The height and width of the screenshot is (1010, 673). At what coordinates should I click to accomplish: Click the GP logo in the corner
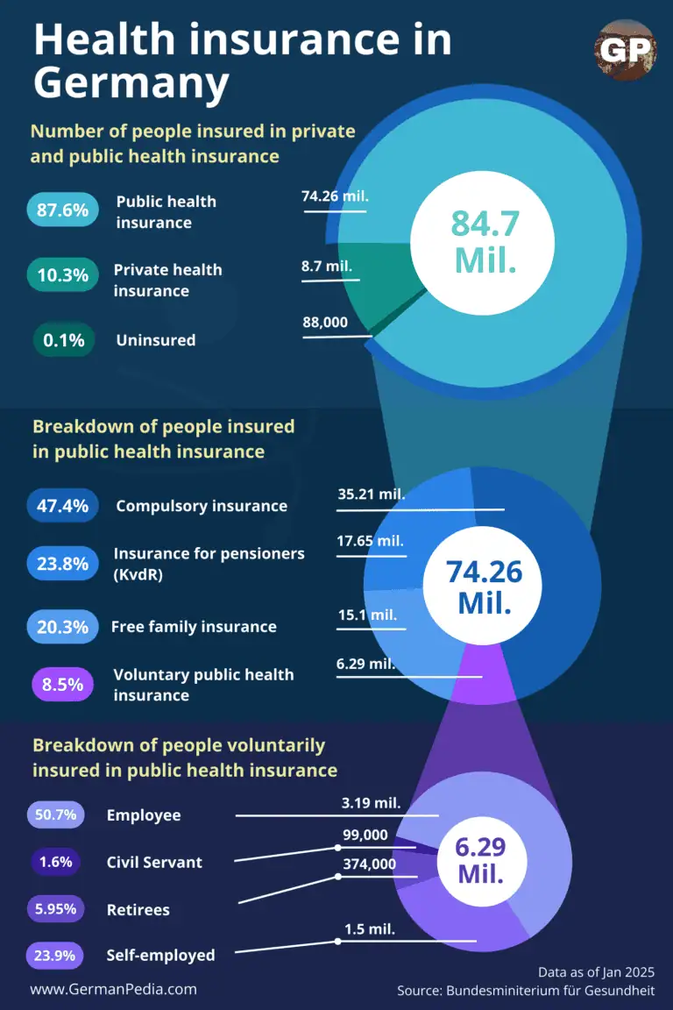click(x=626, y=51)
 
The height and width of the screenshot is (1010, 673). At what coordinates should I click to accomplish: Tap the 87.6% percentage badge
click(x=62, y=210)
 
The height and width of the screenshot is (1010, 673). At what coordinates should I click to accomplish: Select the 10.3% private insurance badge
click(x=62, y=274)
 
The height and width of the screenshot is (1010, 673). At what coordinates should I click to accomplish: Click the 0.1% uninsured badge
click(x=64, y=339)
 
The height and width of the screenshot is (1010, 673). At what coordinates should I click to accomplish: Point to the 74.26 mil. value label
click(x=334, y=196)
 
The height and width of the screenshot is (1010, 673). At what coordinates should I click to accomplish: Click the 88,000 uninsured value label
click(x=325, y=323)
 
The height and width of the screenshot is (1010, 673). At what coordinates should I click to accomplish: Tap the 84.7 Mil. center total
click(x=485, y=241)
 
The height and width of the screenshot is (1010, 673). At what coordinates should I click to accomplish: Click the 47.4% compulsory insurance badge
click(x=62, y=506)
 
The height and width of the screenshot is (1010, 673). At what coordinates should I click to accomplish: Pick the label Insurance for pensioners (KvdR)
click(x=209, y=563)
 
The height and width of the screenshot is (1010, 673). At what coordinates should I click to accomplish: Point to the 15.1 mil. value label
click(x=367, y=615)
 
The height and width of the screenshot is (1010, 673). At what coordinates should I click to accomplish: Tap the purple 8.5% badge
click(x=62, y=684)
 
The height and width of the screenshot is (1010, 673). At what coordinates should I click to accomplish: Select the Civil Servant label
click(x=154, y=862)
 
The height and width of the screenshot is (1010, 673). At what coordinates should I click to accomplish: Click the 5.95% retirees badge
click(x=54, y=909)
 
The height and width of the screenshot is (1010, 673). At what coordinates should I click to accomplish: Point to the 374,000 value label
click(x=369, y=864)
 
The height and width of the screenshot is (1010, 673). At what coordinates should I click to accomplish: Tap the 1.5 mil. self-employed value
click(x=370, y=928)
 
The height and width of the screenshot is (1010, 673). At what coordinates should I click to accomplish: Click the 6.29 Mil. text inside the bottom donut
click(x=481, y=860)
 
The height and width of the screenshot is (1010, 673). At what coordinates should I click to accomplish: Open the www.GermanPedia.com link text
click(x=113, y=988)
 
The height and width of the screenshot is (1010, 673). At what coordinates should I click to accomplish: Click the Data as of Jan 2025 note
click(x=597, y=971)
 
